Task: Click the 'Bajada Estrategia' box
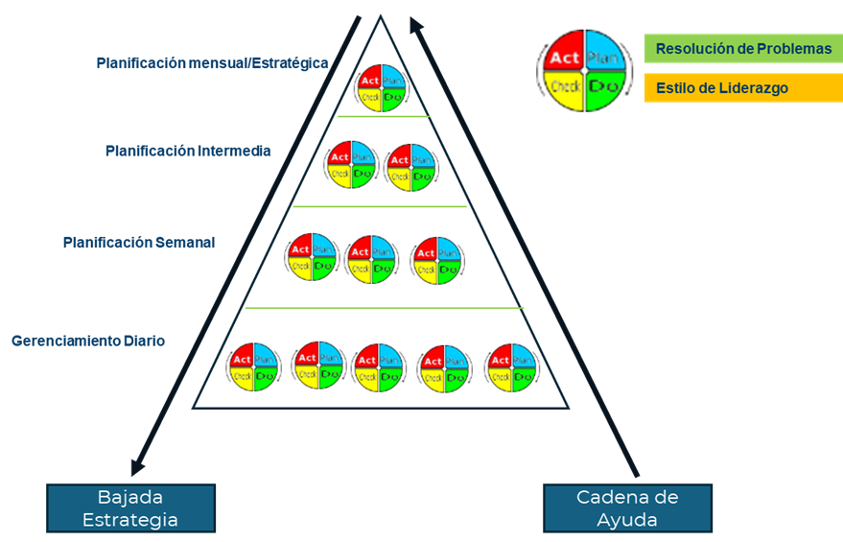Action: [x=130, y=508]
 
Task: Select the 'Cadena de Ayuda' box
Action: [x=627, y=508]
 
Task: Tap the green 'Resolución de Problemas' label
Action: [x=743, y=48]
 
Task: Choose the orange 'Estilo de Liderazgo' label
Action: [x=743, y=88]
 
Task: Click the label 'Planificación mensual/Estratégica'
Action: [x=212, y=63]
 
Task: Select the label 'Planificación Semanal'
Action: [x=139, y=243]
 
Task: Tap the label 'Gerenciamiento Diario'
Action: [x=88, y=341]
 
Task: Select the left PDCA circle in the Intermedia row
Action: [x=351, y=164]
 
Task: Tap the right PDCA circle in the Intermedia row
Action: [x=411, y=167]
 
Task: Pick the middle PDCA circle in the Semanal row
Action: [x=371, y=260]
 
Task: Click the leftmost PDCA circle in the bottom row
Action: [x=253, y=366]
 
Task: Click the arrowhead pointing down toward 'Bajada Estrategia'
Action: [x=137, y=465]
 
